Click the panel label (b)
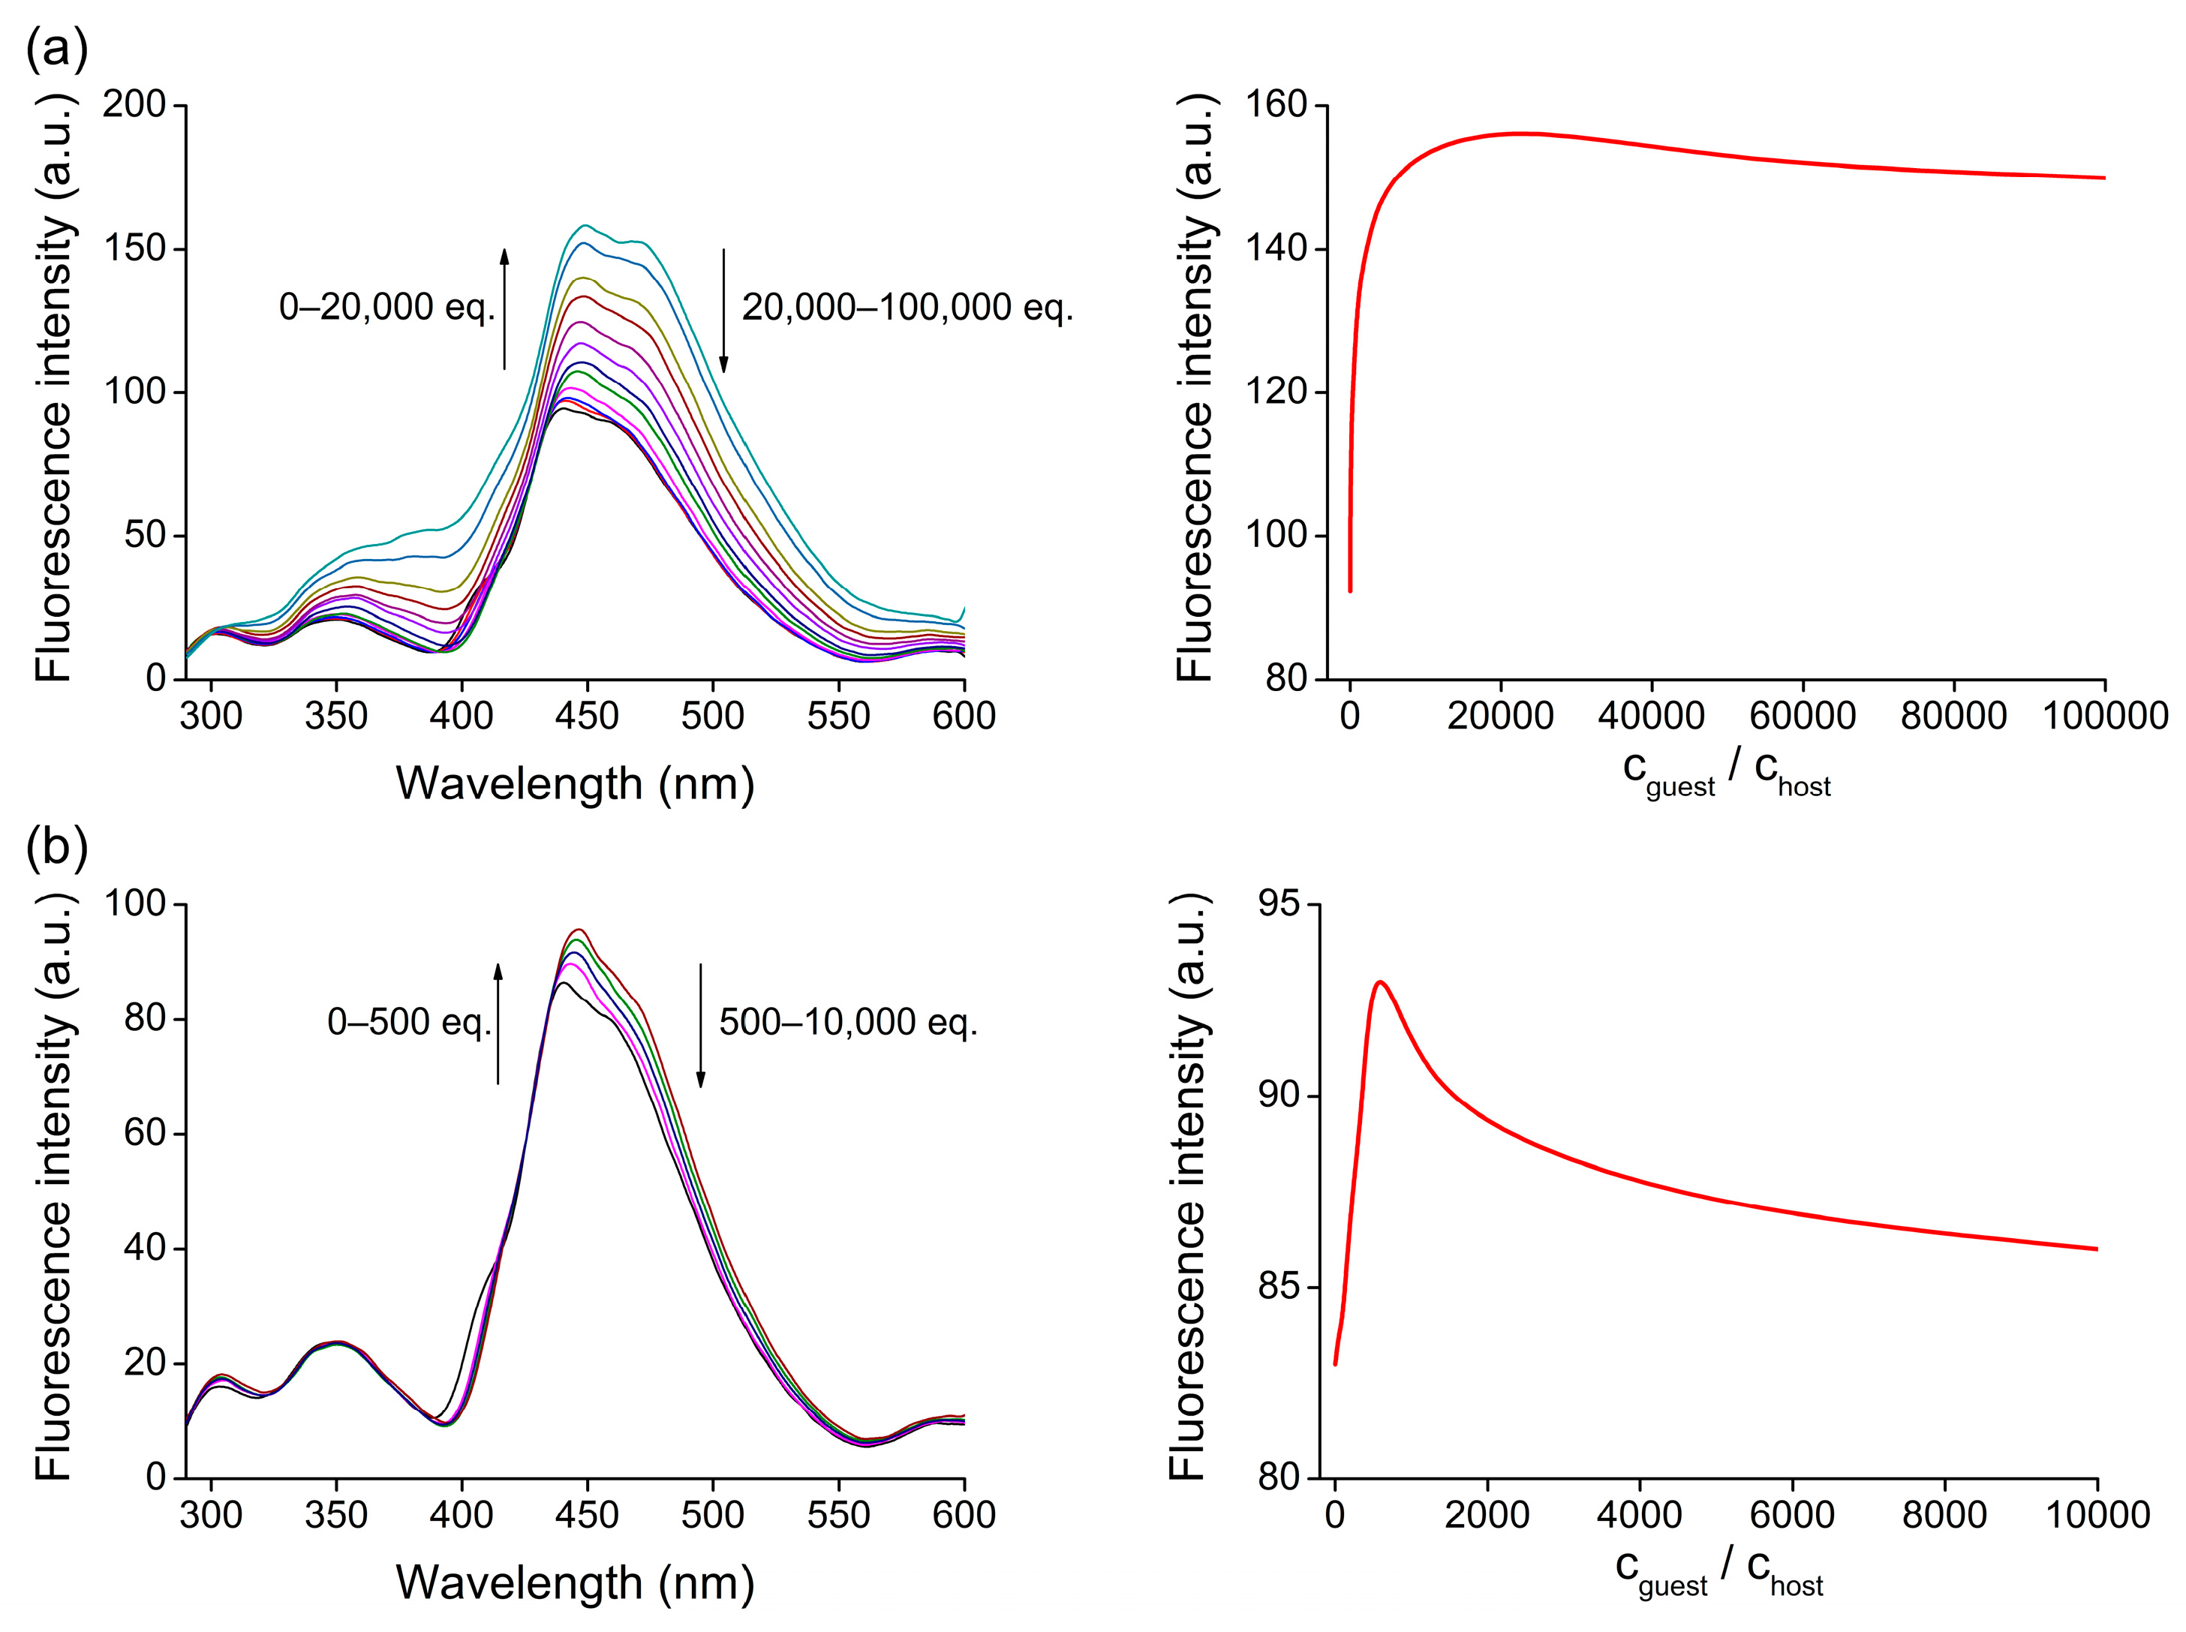[56, 846]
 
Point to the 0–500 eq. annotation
[409, 1021]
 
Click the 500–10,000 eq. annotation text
[847, 1021]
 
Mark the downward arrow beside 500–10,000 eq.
[700, 1024]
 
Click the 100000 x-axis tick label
[2104, 715]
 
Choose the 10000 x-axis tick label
[2096, 1514]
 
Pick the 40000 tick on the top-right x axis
[1651, 715]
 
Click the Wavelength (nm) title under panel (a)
[575, 783]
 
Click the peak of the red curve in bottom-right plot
[1379, 982]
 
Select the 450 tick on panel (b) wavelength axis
[587, 1514]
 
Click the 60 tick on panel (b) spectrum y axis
[143, 1133]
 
